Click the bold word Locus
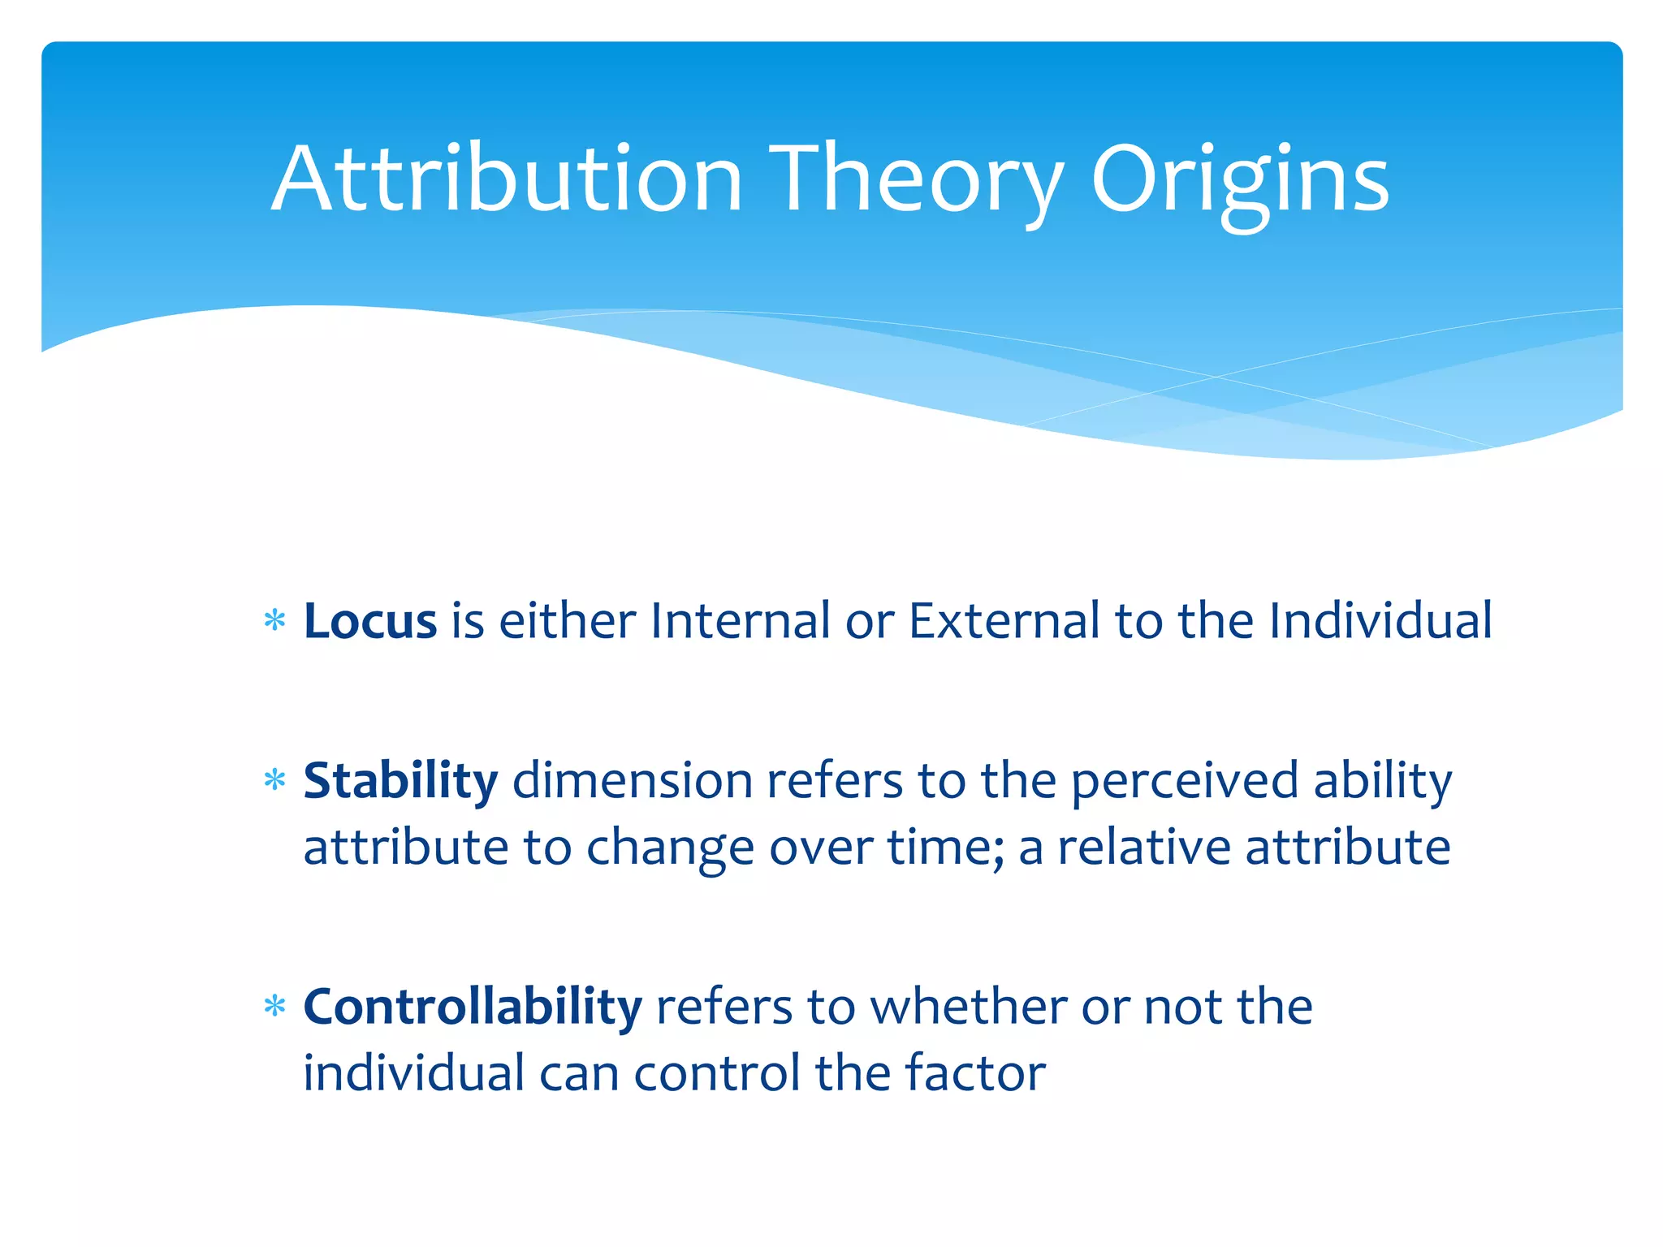coord(370,621)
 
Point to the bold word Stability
coord(400,781)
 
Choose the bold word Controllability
coord(473,1007)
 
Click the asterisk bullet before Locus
coord(275,622)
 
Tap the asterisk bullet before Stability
coord(275,782)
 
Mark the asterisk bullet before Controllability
coord(275,1008)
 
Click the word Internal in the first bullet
coord(740,621)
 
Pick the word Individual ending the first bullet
coord(1380,621)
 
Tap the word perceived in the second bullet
coord(1185,781)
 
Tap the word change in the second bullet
coord(670,848)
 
